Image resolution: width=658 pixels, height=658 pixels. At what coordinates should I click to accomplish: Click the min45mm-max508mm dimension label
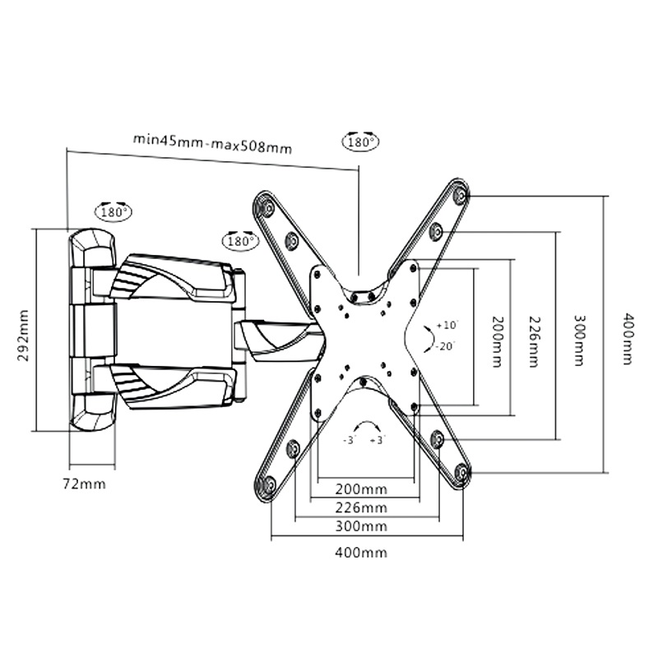(x=212, y=143)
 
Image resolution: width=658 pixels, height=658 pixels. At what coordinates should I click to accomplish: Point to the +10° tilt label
(x=448, y=325)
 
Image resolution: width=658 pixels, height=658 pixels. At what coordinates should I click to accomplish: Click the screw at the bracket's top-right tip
(x=460, y=196)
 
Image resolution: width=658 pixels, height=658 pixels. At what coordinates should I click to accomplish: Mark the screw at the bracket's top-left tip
(x=266, y=207)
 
